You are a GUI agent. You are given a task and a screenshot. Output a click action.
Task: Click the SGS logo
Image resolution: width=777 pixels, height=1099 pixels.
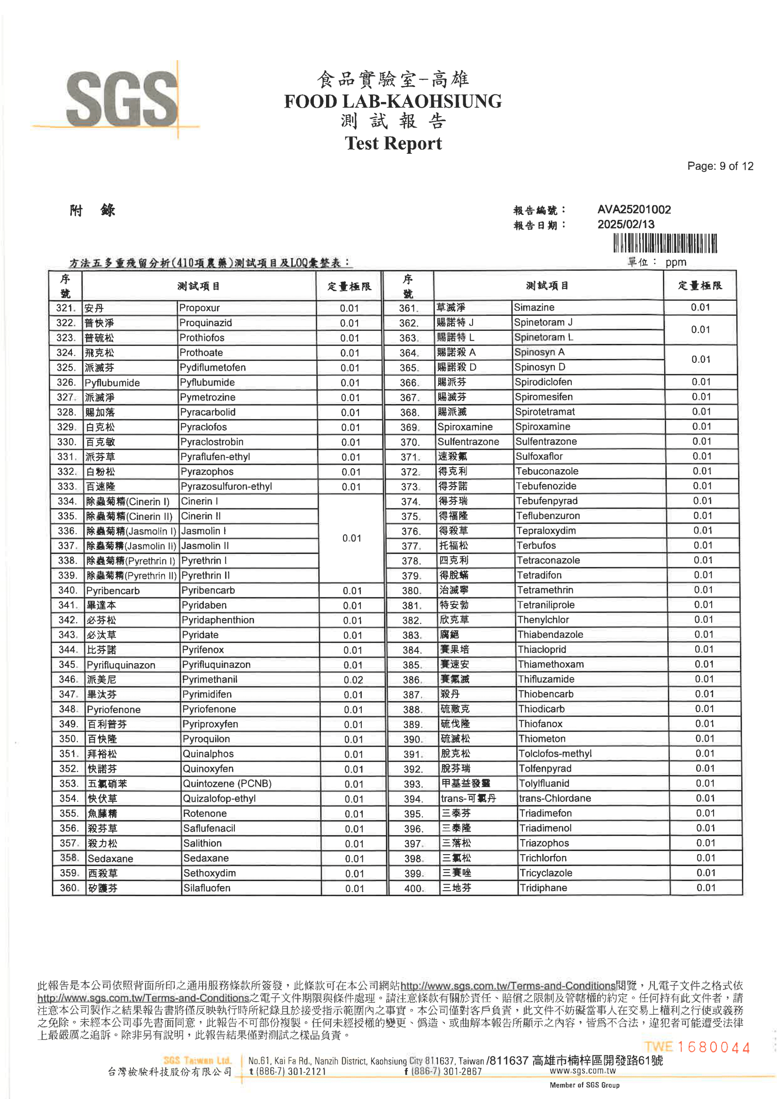(x=122, y=100)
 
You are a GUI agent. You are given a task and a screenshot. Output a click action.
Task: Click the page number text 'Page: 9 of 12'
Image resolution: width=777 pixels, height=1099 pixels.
(x=720, y=166)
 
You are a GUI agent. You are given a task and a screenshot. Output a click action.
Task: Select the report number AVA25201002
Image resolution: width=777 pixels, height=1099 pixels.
(x=633, y=210)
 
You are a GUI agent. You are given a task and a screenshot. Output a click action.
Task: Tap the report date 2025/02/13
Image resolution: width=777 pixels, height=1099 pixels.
(x=625, y=225)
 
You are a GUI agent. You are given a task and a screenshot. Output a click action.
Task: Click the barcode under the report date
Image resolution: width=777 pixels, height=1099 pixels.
(x=665, y=243)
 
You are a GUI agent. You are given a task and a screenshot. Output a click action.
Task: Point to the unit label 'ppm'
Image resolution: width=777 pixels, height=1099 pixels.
(x=675, y=262)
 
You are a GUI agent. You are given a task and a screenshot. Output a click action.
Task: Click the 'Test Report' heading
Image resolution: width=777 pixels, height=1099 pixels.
(x=393, y=143)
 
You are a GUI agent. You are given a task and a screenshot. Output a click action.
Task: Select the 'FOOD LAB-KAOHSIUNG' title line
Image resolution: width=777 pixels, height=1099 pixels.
(x=393, y=102)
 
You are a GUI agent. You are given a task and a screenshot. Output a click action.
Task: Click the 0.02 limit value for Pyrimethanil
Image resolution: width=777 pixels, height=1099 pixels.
(x=353, y=680)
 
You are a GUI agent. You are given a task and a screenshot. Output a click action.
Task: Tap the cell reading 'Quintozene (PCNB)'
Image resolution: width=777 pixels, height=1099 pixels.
(x=227, y=784)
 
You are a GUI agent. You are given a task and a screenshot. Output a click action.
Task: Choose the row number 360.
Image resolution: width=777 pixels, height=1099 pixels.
(x=69, y=888)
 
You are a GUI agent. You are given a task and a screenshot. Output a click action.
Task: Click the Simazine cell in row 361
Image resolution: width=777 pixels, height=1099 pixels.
(x=534, y=307)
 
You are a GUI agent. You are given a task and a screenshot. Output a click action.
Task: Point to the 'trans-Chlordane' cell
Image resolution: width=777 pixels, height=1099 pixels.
(x=554, y=799)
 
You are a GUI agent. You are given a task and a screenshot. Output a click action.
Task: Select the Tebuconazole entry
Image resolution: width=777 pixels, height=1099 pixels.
(x=546, y=471)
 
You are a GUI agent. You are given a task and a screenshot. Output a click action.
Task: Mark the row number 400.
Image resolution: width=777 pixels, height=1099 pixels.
(x=413, y=888)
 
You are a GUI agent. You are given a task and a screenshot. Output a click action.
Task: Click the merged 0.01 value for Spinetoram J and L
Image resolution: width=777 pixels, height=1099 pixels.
(x=700, y=330)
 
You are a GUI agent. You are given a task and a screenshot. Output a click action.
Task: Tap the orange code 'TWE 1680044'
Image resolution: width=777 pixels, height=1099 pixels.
(x=697, y=1047)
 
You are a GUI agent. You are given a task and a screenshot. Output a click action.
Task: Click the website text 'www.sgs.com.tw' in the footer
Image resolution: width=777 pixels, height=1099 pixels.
(x=582, y=1071)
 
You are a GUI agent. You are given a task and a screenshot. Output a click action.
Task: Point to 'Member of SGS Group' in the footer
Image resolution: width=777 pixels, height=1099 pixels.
(x=584, y=1085)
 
